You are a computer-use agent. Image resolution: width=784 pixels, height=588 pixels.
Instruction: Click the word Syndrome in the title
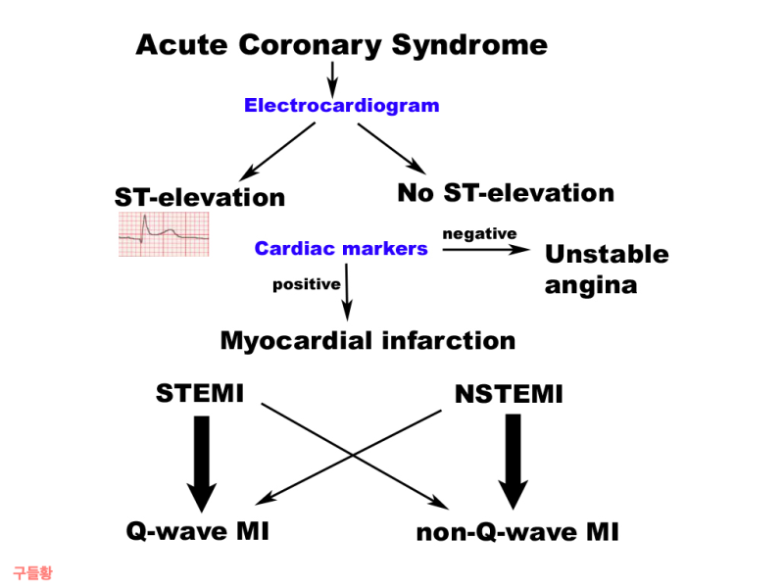[x=469, y=46]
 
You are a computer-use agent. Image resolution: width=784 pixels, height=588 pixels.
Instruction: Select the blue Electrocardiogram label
[x=341, y=106]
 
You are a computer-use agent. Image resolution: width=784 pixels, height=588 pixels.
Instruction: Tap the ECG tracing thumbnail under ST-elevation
[x=164, y=234]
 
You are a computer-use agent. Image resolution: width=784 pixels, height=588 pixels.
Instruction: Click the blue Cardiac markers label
[x=341, y=249]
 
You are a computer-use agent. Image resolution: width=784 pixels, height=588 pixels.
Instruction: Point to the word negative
[x=479, y=234]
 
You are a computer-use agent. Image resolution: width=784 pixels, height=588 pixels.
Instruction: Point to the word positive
[x=307, y=284]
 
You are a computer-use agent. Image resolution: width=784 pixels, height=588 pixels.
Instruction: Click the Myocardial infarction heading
[x=368, y=341]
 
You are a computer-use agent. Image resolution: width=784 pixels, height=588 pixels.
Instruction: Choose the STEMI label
[x=200, y=393]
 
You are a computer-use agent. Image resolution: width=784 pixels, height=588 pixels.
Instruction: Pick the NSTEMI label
[x=509, y=394]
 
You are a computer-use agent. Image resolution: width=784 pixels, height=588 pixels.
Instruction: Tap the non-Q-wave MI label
[x=517, y=532]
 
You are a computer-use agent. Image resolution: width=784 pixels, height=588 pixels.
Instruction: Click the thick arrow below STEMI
[x=202, y=464]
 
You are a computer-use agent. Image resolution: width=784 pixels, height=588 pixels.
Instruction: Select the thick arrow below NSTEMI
[x=513, y=462]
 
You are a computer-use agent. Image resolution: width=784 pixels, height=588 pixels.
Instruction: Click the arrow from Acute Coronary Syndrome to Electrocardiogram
[x=332, y=80]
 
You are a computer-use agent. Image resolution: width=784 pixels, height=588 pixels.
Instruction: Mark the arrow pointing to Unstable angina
[x=486, y=250]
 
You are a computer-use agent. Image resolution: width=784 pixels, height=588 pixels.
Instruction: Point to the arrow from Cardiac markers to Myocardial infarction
[x=347, y=292]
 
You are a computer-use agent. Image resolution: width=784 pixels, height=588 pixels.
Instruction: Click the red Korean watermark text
[x=32, y=573]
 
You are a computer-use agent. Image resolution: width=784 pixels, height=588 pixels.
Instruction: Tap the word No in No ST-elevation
[x=415, y=193]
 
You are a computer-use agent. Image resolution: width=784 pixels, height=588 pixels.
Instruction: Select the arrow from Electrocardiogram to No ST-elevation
[x=392, y=149]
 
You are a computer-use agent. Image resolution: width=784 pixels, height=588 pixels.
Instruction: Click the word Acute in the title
[x=181, y=45]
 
